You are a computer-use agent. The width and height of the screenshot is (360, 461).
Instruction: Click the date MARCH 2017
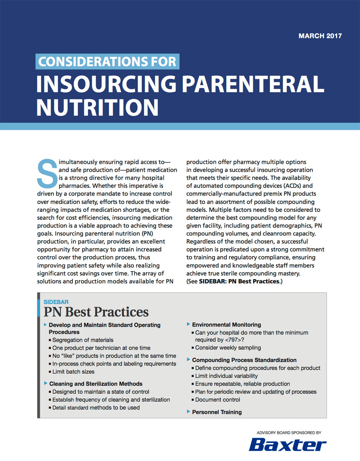(x=320, y=36)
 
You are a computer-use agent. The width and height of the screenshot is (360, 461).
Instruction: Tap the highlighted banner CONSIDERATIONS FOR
(x=107, y=61)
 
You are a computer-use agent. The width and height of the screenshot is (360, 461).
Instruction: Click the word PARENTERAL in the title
(x=252, y=84)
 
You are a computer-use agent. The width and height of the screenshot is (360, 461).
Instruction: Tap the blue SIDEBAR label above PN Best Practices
(x=56, y=302)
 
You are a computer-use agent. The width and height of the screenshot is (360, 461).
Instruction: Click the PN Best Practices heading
(x=96, y=312)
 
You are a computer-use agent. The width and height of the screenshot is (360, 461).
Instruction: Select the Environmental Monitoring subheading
(x=226, y=325)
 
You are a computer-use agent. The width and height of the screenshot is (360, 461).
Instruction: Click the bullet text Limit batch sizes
(x=73, y=371)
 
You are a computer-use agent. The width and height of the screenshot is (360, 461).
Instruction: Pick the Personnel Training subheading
(x=217, y=412)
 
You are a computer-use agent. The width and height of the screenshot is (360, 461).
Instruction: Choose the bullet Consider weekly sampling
(x=228, y=348)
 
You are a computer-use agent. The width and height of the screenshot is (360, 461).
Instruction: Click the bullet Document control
(x=217, y=400)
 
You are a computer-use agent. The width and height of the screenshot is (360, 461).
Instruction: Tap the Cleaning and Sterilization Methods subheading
(x=96, y=384)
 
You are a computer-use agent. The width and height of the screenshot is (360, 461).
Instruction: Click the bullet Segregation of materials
(x=83, y=340)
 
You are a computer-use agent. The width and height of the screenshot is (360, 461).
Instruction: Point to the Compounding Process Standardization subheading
(x=244, y=360)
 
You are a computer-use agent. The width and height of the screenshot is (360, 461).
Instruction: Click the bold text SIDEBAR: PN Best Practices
(x=239, y=281)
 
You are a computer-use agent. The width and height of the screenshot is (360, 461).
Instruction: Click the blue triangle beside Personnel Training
(x=188, y=412)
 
